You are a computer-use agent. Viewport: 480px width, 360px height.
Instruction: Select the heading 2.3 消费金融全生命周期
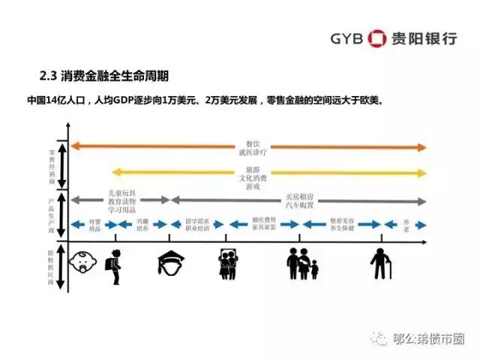[x=103, y=76]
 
